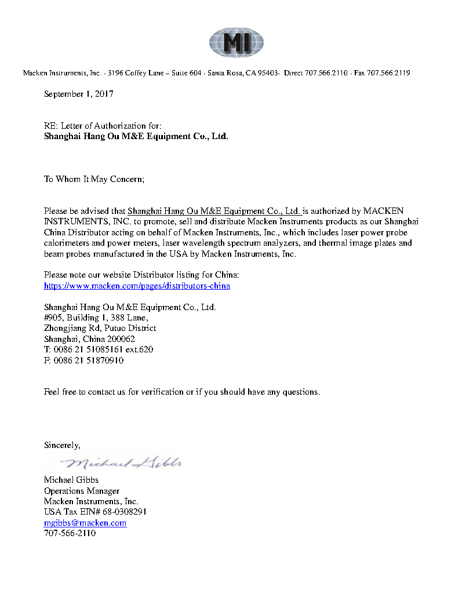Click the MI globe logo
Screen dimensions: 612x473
pos(237,42)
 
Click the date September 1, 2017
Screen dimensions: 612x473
pos(79,94)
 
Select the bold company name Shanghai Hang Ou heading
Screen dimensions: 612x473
pos(136,137)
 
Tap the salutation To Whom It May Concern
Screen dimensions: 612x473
pos(94,179)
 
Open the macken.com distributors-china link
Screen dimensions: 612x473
pos(137,286)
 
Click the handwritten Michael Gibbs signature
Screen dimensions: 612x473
pos(125,462)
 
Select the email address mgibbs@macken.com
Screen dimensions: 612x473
pos(85,523)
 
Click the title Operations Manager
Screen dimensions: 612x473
pos(82,491)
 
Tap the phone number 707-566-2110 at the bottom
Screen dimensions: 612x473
pos(70,533)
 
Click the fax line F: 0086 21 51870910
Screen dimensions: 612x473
pos(84,360)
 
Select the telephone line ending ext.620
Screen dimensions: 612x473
pos(99,350)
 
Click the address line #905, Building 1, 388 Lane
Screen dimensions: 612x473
pos(96,318)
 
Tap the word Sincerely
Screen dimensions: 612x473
pos(62,445)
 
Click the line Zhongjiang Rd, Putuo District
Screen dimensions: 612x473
pos(100,329)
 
